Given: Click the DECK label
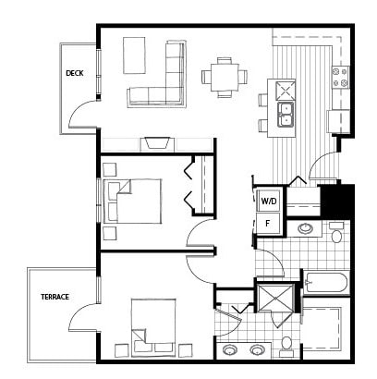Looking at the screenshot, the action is [x=75, y=73].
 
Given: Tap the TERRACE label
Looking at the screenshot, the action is [x=55, y=297].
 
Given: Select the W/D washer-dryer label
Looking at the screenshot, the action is [x=269, y=202].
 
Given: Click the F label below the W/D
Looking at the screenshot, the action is [x=267, y=223].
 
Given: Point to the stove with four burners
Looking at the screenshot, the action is [x=340, y=78].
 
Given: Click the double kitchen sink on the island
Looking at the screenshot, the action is [x=286, y=115].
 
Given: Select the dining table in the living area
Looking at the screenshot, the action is [x=225, y=78].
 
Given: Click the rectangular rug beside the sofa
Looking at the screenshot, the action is [x=134, y=55].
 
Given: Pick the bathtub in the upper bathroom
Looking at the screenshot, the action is [x=326, y=282].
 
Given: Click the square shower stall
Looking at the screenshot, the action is [x=275, y=298].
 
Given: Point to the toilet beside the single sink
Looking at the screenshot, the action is [x=336, y=234].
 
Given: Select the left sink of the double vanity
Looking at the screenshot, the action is [x=229, y=350].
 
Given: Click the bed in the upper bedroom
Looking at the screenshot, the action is [x=132, y=201].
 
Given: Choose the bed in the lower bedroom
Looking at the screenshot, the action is [x=153, y=325].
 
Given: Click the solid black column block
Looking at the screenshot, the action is [x=335, y=202].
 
